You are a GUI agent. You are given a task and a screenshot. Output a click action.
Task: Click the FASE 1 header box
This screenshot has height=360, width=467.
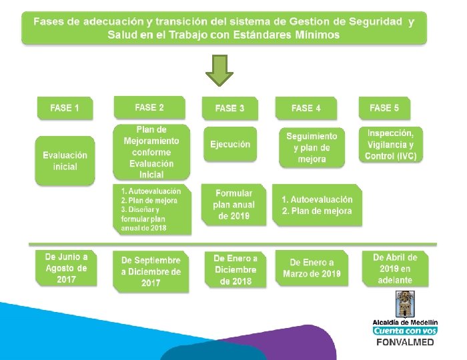pos(64,108)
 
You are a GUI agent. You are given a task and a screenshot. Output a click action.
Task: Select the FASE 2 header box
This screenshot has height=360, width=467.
pos(149,107)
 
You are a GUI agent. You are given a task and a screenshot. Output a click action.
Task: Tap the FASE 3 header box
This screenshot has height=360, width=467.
pos(229,108)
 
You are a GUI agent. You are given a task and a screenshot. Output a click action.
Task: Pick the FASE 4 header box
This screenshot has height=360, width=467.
pos(306,107)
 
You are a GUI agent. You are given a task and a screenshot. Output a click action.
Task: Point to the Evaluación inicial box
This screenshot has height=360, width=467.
pos(65,161)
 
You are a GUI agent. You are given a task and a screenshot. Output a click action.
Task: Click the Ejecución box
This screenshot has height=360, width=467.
pos(230,144)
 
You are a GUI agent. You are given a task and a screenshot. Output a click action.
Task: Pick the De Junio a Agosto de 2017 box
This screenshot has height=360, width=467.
pos(65,268)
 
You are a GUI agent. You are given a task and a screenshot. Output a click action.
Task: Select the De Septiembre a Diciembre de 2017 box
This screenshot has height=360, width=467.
pos(151,271)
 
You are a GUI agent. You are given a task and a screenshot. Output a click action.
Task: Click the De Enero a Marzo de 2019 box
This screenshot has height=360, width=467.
pos(312,268)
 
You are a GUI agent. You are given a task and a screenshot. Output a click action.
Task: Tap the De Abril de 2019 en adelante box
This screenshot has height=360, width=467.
pos(395,268)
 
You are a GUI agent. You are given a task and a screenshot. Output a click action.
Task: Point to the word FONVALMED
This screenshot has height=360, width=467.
pos(405,342)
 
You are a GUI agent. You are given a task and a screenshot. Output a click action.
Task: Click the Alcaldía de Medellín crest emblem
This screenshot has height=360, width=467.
pos(405,305)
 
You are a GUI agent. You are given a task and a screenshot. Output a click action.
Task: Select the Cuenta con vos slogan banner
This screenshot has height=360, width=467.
pos(405,331)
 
